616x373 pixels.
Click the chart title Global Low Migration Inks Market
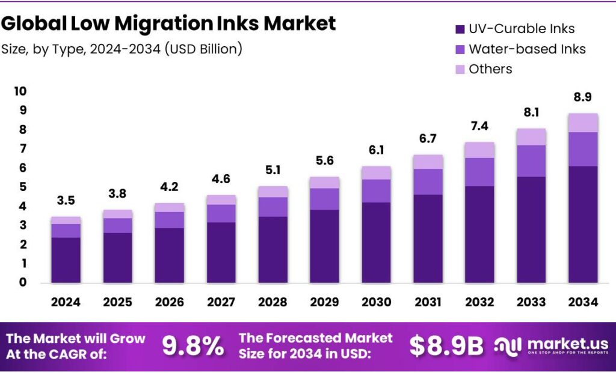(x=168, y=24)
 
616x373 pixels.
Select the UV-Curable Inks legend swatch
(x=459, y=29)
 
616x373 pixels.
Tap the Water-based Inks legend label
(x=527, y=49)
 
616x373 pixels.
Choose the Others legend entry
(x=490, y=69)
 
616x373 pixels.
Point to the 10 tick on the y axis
(x=20, y=91)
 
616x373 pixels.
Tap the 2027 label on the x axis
(x=221, y=302)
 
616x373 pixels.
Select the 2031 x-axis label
(x=428, y=302)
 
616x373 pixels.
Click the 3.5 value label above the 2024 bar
(x=66, y=200)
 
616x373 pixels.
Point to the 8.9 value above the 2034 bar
(x=583, y=97)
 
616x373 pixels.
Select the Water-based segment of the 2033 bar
(x=531, y=161)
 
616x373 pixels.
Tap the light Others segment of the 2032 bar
(x=479, y=150)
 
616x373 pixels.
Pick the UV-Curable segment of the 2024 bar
(x=66, y=260)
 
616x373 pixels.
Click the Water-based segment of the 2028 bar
(x=273, y=207)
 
